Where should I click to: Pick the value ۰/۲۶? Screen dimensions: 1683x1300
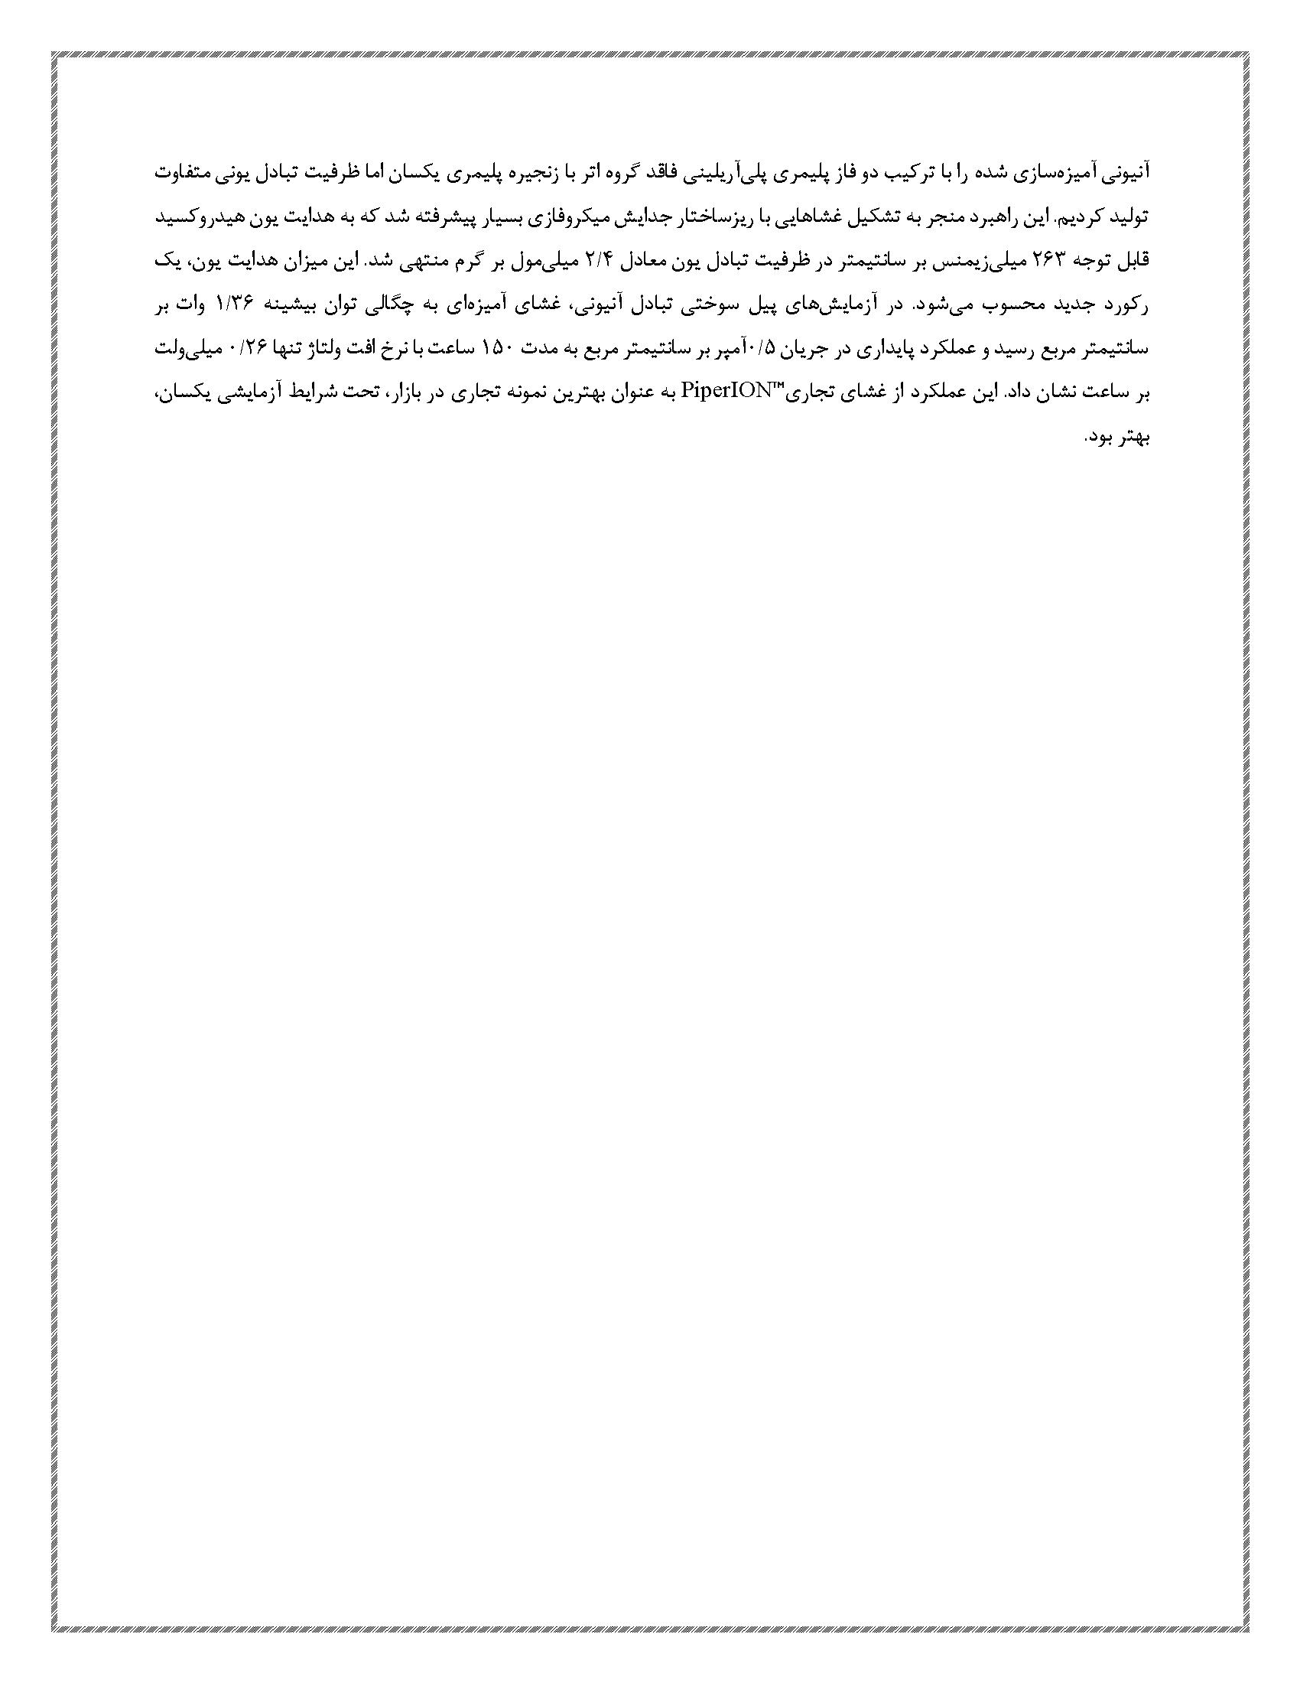click(252, 350)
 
